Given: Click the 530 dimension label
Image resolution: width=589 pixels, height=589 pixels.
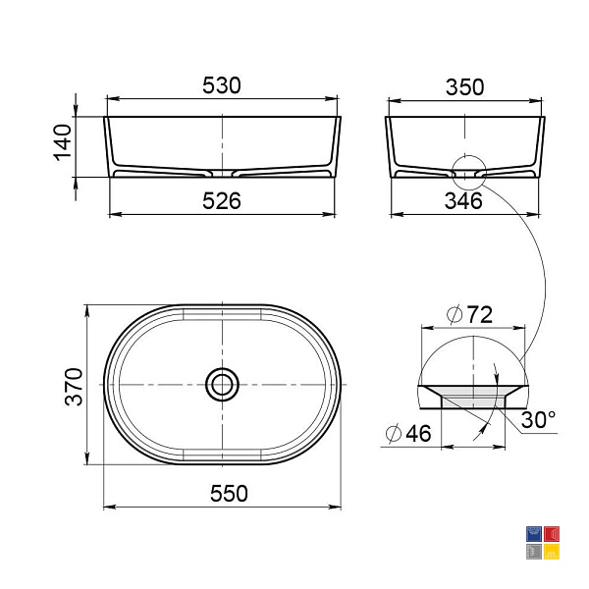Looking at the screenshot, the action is tap(221, 85).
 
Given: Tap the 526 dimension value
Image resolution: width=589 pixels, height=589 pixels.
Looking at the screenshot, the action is tap(221, 201).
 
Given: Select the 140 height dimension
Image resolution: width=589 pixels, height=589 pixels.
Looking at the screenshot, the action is tap(63, 142).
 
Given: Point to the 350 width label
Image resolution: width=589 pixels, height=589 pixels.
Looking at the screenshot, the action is tap(464, 87).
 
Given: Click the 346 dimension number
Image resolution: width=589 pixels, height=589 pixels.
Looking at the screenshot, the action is tap(463, 201).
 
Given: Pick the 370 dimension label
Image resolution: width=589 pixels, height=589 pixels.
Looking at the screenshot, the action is tap(74, 387).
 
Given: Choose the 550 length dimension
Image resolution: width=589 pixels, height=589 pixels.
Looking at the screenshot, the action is tap(229, 494).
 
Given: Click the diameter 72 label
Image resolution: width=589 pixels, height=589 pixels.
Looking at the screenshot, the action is tap(469, 315).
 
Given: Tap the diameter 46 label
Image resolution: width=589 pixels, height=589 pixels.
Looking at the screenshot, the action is tap(408, 434).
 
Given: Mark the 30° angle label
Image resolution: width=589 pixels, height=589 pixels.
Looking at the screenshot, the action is tap(538, 419).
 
